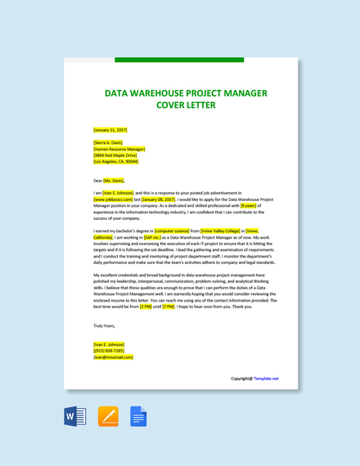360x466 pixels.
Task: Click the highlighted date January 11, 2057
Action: (110, 130)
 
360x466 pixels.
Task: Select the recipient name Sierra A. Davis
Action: (109, 143)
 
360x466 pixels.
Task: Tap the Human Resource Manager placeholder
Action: (119, 150)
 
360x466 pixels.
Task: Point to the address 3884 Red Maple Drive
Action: (115, 155)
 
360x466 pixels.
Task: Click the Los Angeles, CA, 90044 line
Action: (116, 162)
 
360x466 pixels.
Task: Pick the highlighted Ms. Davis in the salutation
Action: (115, 181)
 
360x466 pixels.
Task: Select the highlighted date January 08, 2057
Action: (159, 199)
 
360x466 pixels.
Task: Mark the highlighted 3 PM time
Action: (146, 307)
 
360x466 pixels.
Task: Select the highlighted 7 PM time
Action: (169, 307)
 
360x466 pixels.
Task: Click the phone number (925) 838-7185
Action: (109, 351)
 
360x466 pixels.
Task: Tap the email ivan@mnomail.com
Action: (113, 357)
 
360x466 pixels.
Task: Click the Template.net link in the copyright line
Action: (266, 379)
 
